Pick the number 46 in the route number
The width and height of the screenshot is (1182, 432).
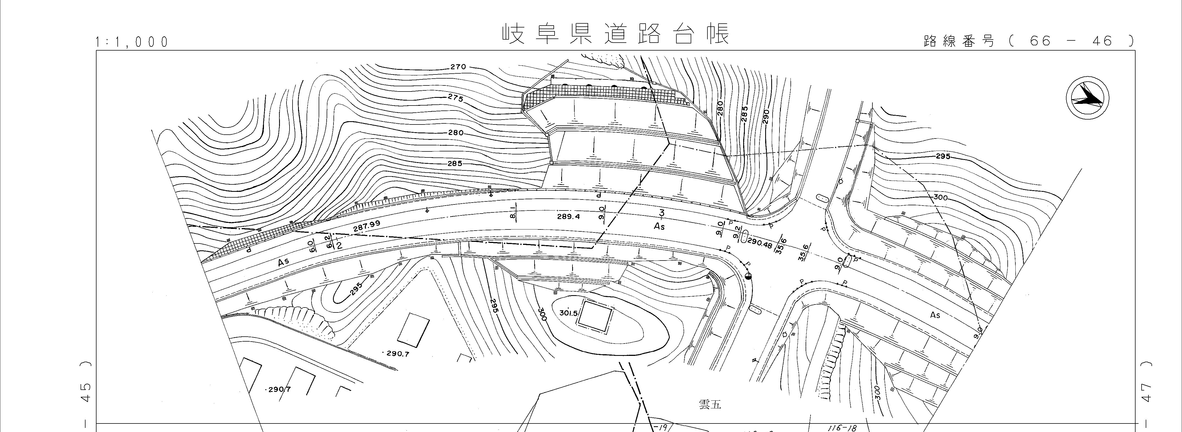tap(1102, 41)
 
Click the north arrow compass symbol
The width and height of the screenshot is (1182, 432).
tap(1087, 99)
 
